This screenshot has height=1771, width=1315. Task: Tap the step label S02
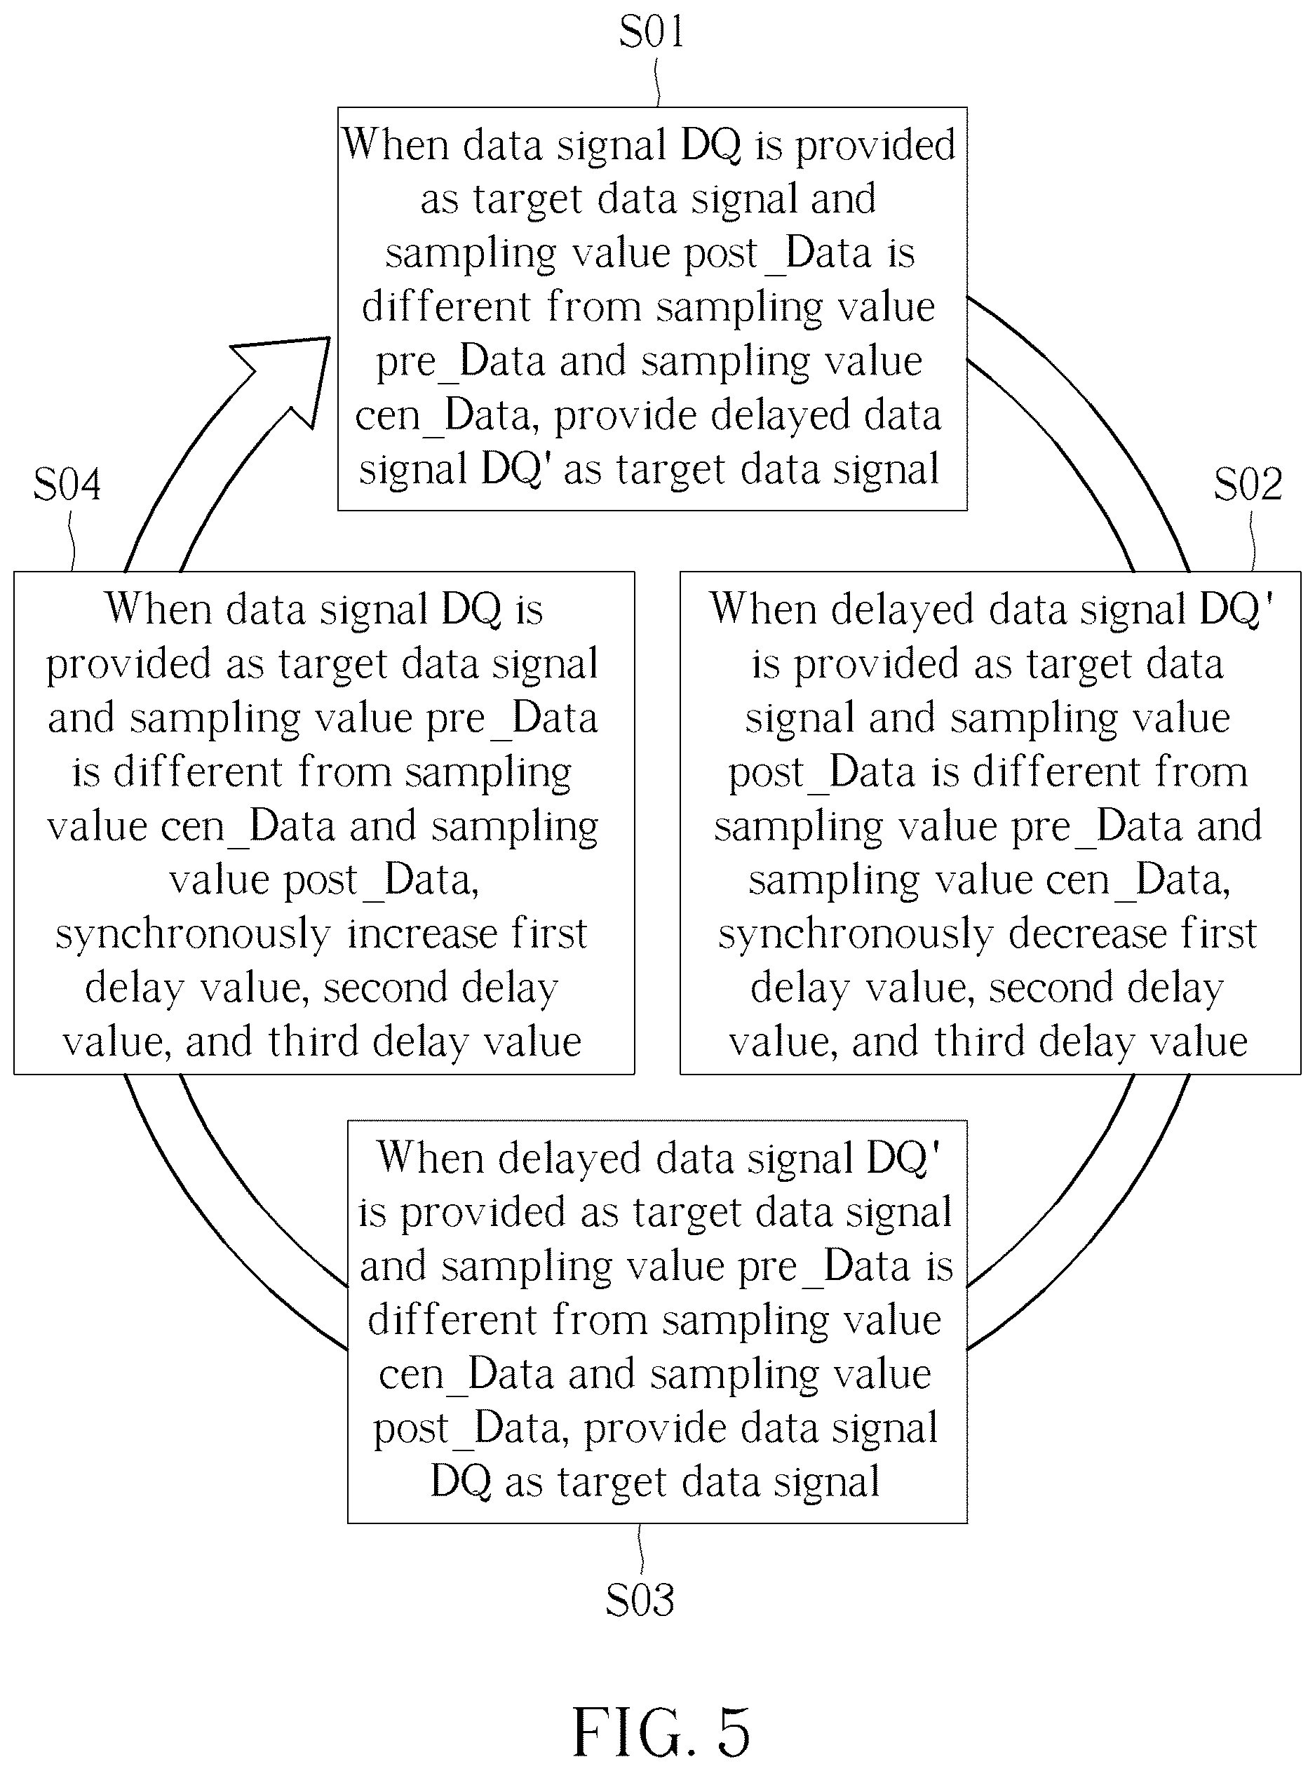point(1248,484)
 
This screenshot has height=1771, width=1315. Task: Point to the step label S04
point(67,484)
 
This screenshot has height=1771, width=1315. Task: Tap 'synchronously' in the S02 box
point(855,934)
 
